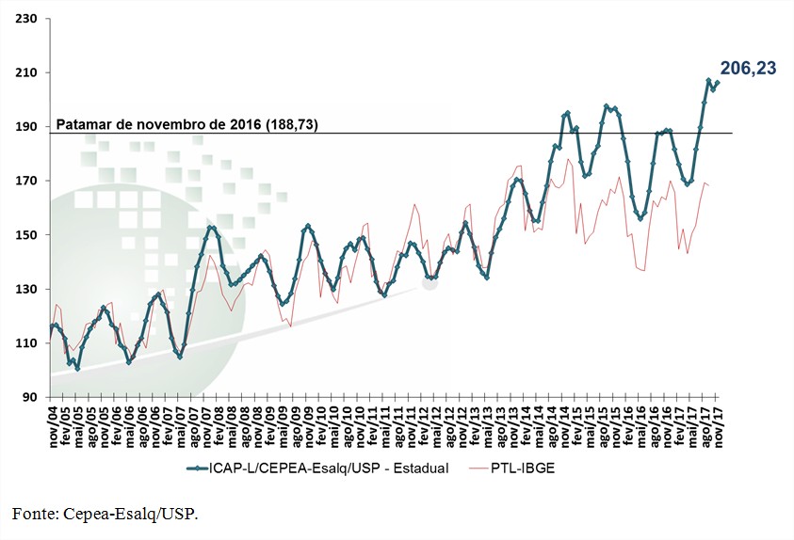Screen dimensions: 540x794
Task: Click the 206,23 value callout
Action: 748,68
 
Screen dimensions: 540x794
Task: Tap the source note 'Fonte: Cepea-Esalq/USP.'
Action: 105,513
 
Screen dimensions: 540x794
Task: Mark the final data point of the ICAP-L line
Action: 718,83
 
